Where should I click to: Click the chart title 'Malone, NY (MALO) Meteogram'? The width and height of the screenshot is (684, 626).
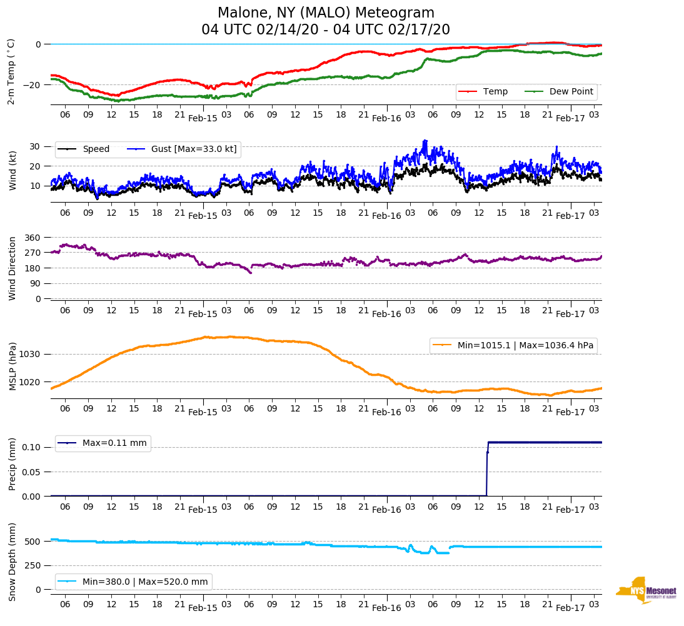tap(326, 13)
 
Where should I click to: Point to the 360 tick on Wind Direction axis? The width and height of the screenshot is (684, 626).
tap(32, 238)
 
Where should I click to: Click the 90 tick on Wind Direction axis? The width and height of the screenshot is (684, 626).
tap(34, 283)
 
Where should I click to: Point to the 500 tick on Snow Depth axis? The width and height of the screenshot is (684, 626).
tap(33, 542)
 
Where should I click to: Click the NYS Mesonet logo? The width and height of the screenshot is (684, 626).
tap(646, 590)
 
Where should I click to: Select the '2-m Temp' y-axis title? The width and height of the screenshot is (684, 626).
tap(11, 71)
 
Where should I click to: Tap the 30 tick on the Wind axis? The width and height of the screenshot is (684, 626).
tap(35, 146)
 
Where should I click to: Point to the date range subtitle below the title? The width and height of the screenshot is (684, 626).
tap(326, 30)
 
